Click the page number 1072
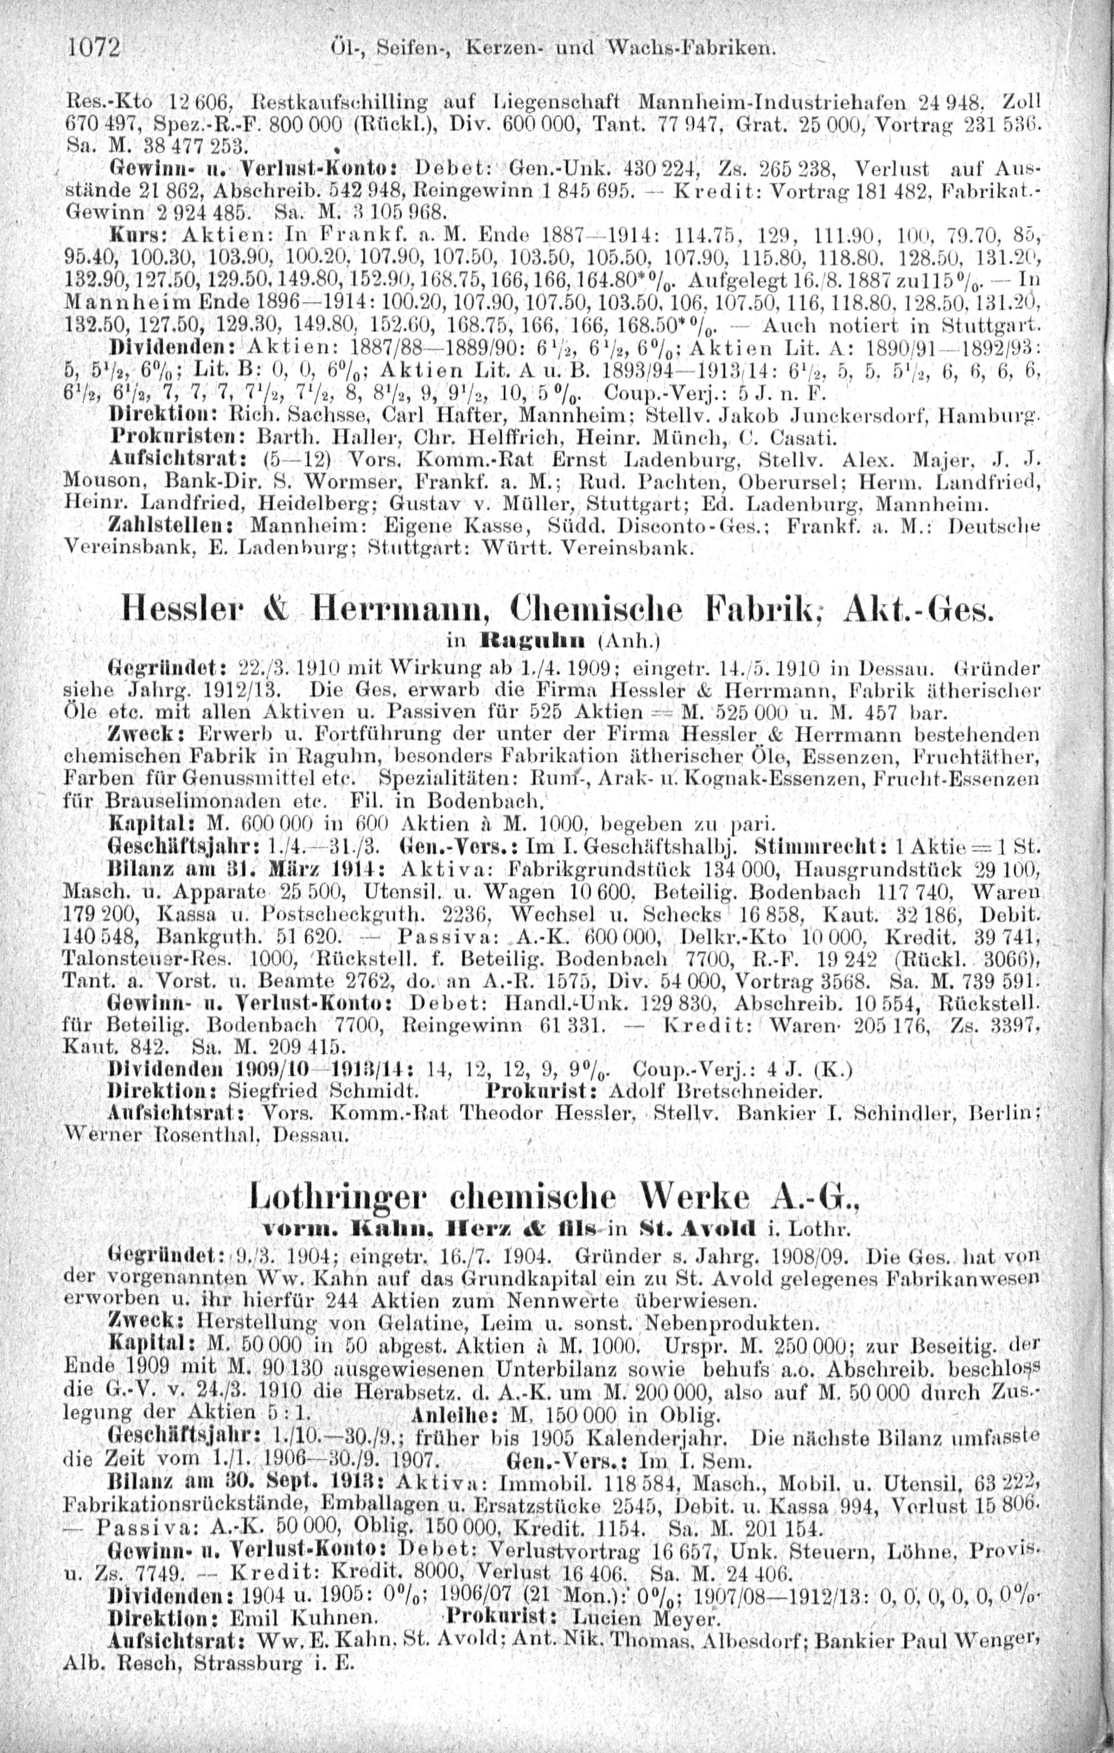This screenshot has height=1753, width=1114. click(x=93, y=49)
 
